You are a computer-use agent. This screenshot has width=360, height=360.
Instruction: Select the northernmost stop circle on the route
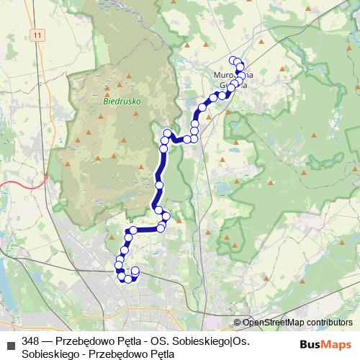click(x=232, y=60)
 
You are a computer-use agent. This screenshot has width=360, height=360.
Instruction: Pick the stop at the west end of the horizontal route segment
click(x=133, y=230)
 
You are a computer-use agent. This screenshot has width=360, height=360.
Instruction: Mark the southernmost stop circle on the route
click(x=127, y=279)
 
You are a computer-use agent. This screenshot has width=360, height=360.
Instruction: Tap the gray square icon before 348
click(x=10, y=341)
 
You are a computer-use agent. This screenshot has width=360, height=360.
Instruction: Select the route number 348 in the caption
click(x=31, y=341)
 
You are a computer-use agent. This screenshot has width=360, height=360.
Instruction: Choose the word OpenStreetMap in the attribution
click(x=273, y=323)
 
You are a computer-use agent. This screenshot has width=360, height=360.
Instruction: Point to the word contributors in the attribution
click(x=329, y=323)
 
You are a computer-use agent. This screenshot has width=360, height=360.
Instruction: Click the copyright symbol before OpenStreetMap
click(x=237, y=323)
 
